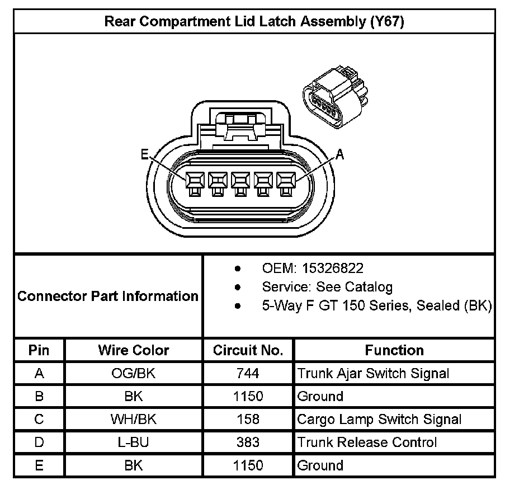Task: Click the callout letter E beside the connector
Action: click(x=145, y=155)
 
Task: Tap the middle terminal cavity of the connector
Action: click(x=241, y=180)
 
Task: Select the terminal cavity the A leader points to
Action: click(x=287, y=180)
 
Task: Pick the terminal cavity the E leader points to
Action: click(x=195, y=180)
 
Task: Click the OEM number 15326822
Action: click(x=332, y=269)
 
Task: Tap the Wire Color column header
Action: click(x=134, y=350)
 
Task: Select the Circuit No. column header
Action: click(x=248, y=350)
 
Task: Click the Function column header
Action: click(x=394, y=350)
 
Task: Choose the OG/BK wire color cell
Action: click(x=134, y=373)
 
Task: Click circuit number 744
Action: click(x=248, y=373)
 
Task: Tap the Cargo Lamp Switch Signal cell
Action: click(x=379, y=419)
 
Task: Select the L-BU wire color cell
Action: click(x=134, y=442)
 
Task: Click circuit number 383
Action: click(x=248, y=442)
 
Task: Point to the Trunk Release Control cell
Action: click(x=367, y=442)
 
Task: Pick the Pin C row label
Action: click(x=39, y=419)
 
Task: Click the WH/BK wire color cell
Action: click(x=134, y=419)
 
